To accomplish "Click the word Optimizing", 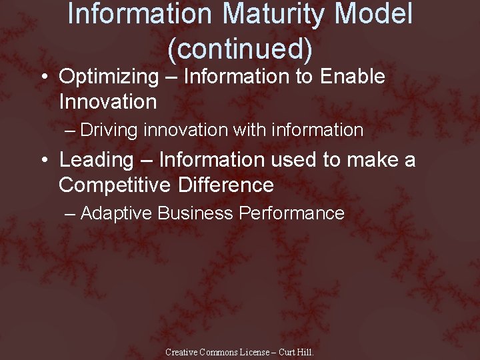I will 109,77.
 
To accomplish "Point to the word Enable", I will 353,77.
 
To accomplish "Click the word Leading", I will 97,160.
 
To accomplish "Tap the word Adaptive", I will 117,213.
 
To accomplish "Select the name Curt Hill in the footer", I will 295,352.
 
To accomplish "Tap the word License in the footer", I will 255,352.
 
